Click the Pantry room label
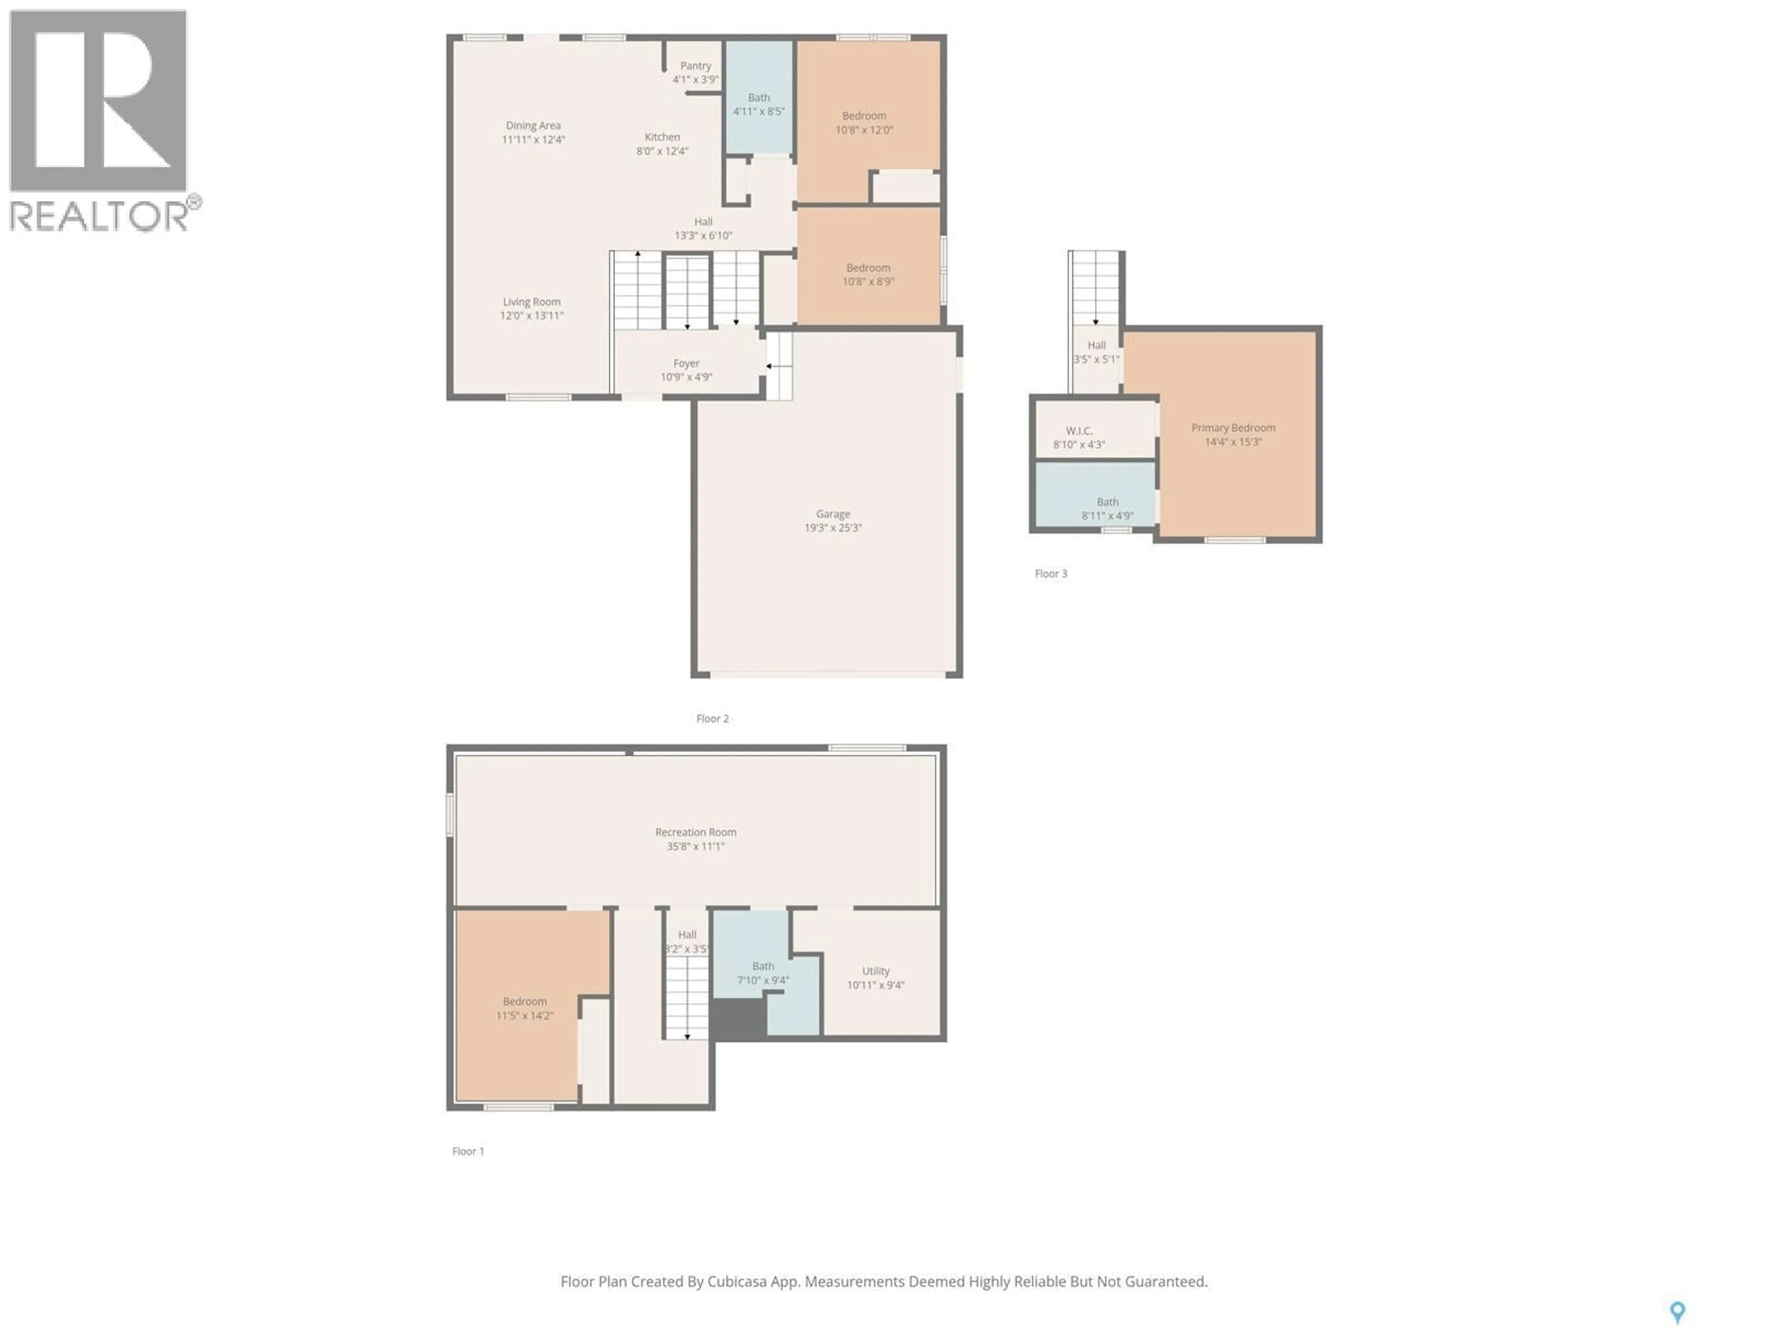click(695, 66)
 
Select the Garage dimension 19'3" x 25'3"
click(833, 528)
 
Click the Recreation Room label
click(695, 832)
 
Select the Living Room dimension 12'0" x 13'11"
click(531, 316)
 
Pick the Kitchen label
click(662, 137)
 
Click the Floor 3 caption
click(1050, 573)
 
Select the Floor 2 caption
click(712, 719)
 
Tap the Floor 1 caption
click(468, 1151)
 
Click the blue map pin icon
click(1678, 1311)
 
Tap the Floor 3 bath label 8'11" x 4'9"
click(1107, 516)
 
